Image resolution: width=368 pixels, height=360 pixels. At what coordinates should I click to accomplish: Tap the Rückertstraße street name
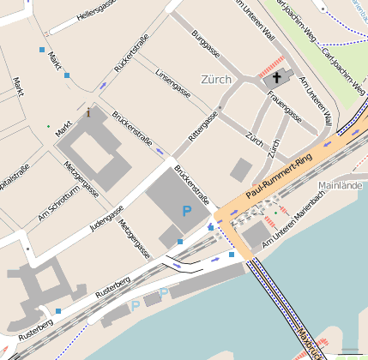(x=131, y=52)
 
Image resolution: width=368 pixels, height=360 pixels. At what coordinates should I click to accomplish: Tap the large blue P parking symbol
(x=186, y=210)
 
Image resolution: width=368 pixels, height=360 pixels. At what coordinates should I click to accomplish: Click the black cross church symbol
(x=276, y=78)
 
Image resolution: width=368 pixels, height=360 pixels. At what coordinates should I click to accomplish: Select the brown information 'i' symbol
(x=89, y=111)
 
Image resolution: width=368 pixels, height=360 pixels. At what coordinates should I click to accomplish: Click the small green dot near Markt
(x=49, y=126)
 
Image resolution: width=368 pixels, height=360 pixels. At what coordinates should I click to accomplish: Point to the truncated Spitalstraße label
(x=15, y=172)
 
